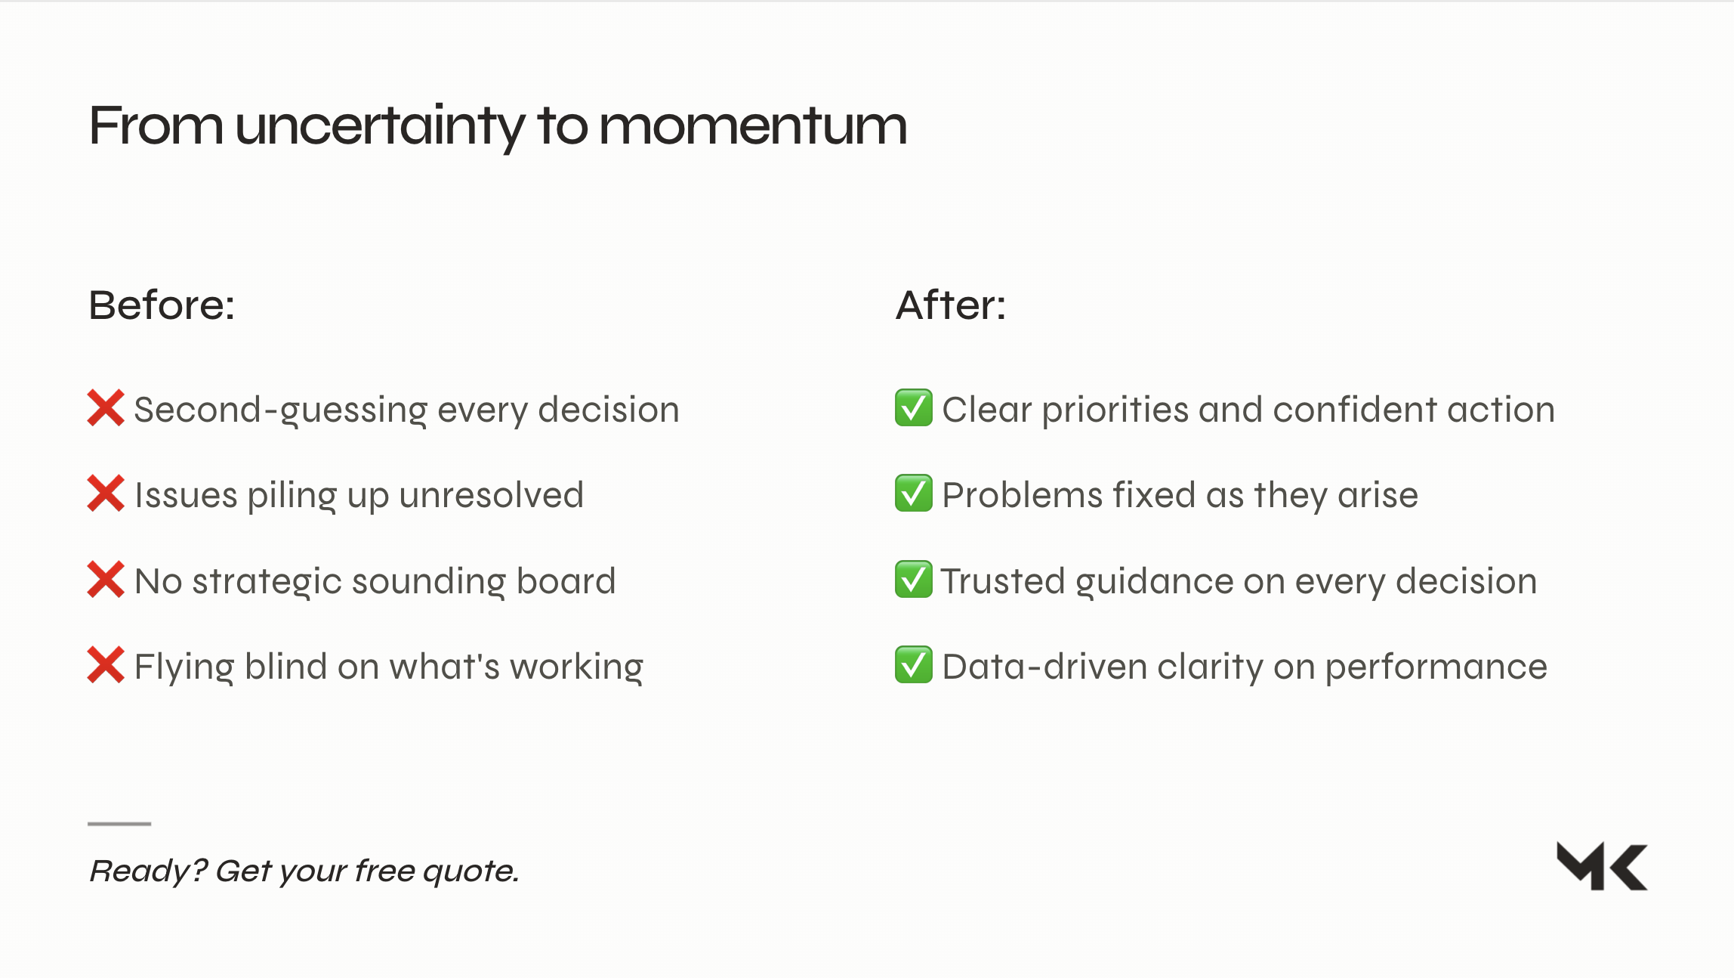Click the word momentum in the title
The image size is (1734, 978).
[x=753, y=125]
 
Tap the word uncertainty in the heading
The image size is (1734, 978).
[x=380, y=127]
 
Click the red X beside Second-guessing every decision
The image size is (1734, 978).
[x=106, y=408]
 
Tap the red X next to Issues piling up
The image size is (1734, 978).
[x=106, y=494]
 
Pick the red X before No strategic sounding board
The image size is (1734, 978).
[x=106, y=580]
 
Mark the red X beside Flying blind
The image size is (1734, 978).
[x=106, y=665]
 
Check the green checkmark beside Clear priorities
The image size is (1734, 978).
[x=914, y=408]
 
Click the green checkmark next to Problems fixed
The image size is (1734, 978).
[x=914, y=494]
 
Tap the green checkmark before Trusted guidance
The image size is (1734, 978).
[x=914, y=580]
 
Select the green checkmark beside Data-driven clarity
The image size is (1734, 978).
[x=914, y=665]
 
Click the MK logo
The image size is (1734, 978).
[x=1602, y=866]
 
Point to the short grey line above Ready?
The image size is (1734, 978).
[x=119, y=823]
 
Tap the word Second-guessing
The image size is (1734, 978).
[x=281, y=411]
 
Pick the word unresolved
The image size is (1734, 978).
[x=492, y=495]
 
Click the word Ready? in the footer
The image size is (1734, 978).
[x=147, y=871]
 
